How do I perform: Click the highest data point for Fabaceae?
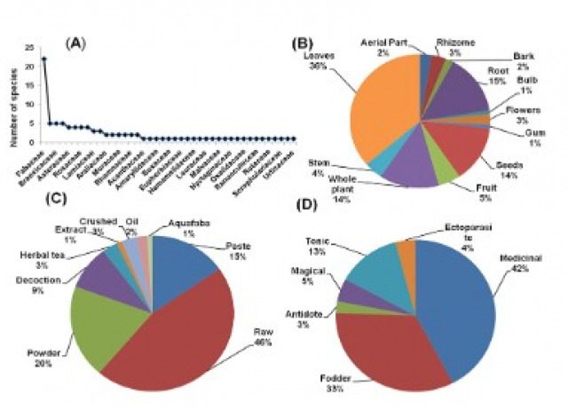coord(43,59)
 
